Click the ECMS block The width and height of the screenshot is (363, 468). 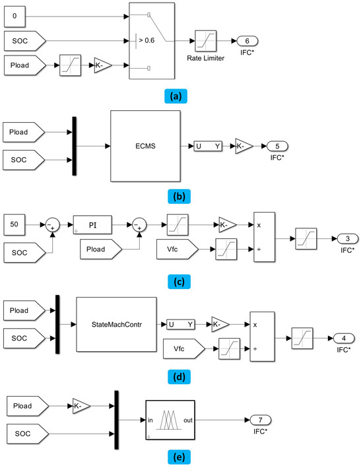click(x=146, y=146)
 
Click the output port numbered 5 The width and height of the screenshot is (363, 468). click(x=273, y=146)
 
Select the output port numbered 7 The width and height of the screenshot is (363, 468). click(x=259, y=420)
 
